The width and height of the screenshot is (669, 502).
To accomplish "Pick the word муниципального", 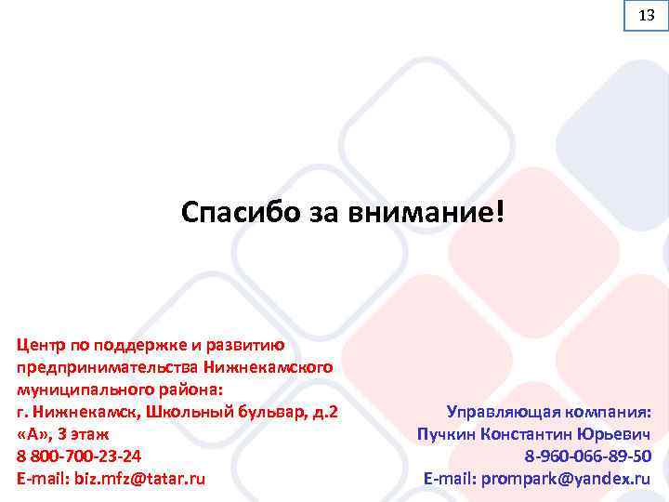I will (x=75, y=388).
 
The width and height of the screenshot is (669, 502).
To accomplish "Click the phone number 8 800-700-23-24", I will (x=79, y=456).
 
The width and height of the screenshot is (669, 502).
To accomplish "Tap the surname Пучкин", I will (x=448, y=433).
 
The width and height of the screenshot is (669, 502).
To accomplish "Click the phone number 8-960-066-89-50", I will (x=587, y=456).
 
